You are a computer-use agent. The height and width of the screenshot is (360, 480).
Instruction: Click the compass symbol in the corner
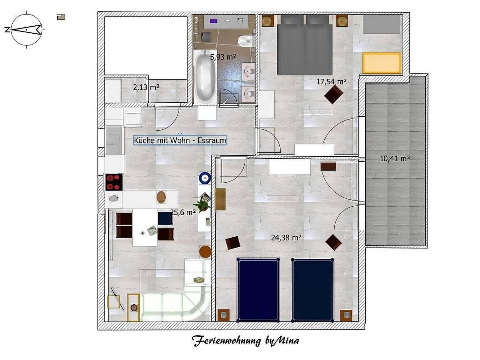(x=26, y=29)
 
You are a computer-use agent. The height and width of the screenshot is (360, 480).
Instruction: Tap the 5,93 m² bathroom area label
(x=223, y=57)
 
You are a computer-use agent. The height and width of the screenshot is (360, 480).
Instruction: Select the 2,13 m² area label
(x=146, y=87)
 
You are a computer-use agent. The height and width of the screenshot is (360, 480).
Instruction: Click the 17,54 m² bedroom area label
(x=331, y=81)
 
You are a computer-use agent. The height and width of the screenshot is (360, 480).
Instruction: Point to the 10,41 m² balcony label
(x=394, y=159)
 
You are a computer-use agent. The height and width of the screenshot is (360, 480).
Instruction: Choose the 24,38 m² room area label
(x=286, y=237)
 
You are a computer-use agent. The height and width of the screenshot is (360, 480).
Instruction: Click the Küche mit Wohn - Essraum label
(x=180, y=141)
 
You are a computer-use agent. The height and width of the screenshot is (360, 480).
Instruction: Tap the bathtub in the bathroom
(x=205, y=78)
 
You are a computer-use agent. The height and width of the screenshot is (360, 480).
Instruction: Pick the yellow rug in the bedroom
(x=382, y=63)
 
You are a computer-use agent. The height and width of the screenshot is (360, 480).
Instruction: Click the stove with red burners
(x=114, y=182)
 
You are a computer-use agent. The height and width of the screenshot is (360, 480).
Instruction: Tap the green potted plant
(x=202, y=205)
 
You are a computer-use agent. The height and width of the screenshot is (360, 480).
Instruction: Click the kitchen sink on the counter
(x=114, y=198)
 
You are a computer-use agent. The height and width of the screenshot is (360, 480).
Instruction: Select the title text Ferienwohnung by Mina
(x=246, y=341)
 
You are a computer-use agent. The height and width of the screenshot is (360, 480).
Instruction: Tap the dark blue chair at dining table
(x=165, y=218)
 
